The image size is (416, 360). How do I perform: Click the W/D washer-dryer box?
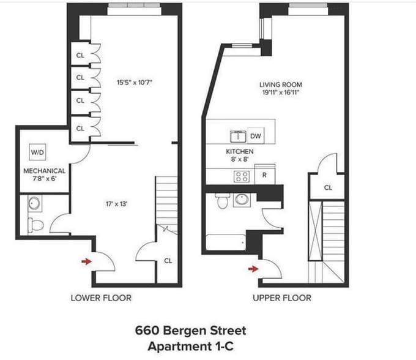click(x=38, y=152)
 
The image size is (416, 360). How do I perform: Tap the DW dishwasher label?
click(x=256, y=137)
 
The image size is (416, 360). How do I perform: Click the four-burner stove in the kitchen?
click(x=242, y=176)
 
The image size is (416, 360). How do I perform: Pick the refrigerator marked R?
click(x=264, y=174)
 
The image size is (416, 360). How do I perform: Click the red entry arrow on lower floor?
click(x=87, y=261)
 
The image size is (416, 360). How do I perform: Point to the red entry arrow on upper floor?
click(x=253, y=268)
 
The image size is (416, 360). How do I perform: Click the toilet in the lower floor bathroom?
click(x=36, y=225)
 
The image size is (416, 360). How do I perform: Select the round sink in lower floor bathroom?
click(x=34, y=203)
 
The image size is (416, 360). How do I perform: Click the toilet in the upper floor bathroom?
click(x=222, y=200)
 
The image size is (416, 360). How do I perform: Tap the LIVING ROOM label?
click(x=280, y=85)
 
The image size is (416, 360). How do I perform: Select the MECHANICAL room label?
click(x=45, y=171)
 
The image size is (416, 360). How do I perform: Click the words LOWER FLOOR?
click(x=101, y=298)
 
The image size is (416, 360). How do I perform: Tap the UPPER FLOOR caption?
click(x=282, y=298)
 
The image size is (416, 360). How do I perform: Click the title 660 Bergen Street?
click(x=190, y=331)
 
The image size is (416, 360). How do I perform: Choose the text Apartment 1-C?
click(x=190, y=345)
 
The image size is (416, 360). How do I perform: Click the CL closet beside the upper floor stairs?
click(x=327, y=187)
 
